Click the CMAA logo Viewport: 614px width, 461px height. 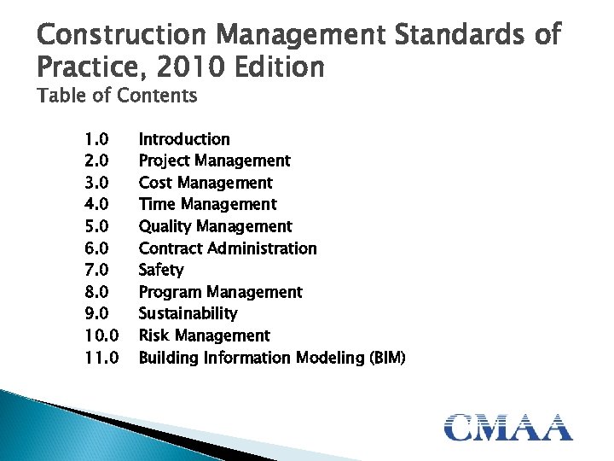[x=508, y=426]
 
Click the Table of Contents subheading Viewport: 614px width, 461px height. [x=118, y=96]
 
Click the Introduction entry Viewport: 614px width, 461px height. [x=184, y=139]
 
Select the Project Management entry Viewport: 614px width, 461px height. [x=214, y=160]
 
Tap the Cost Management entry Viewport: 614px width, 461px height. [x=206, y=183]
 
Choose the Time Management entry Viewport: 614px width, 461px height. [x=207, y=204]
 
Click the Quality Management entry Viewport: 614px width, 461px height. [x=215, y=226]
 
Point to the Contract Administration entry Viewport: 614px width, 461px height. [x=228, y=248]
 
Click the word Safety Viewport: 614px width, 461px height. [x=161, y=270]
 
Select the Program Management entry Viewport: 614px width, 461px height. [x=220, y=292]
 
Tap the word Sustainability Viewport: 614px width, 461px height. [x=188, y=313]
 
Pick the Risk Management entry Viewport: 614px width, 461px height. [x=204, y=336]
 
